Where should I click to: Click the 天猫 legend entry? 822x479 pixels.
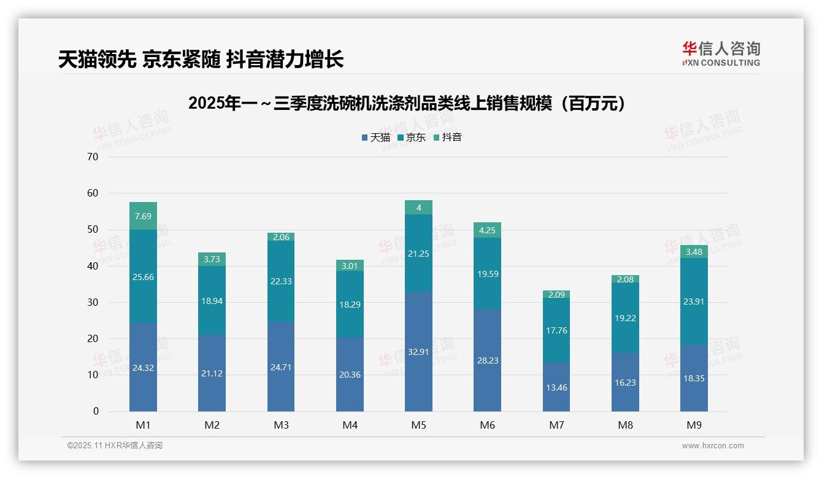(376, 138)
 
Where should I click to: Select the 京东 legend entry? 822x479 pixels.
(412, 138)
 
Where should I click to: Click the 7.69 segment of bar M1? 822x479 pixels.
(143, 216)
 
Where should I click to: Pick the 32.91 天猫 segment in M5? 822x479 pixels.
(418, 352)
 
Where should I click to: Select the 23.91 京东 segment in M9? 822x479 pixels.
(694, 302)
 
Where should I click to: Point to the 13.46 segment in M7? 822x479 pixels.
(556, 387)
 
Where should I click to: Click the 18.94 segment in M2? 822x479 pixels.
(212, 301)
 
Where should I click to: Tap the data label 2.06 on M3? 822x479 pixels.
(281, 237)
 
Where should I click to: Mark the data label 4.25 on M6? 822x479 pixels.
(487, 230)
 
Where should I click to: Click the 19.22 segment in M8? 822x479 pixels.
(625, 317)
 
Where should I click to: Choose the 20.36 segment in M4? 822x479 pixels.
(350, 375)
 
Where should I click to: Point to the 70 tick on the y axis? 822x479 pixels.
(93, 157)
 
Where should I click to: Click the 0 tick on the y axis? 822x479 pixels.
(96, 411)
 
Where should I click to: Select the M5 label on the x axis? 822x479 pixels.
(418, 425)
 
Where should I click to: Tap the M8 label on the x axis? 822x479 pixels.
(625, 425)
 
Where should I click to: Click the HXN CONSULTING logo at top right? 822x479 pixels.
(721, 54)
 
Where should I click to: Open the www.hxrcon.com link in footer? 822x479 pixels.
(713, 446)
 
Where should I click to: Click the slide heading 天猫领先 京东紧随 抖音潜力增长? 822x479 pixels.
(201, 59)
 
